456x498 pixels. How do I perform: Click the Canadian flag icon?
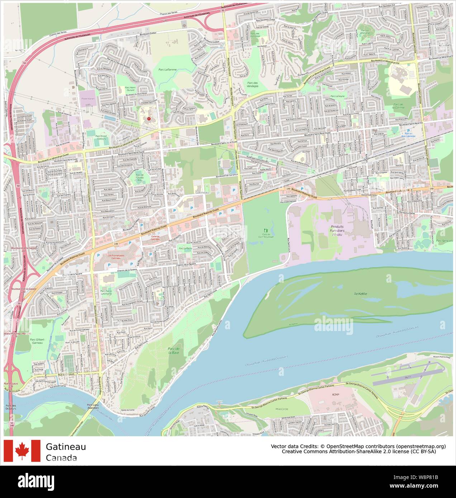tap(22, 451)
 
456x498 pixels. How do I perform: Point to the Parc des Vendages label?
tap(252, 84)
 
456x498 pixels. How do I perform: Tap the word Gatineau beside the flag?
tap(66, 447)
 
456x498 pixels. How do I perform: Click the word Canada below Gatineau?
tap(61, 458)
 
